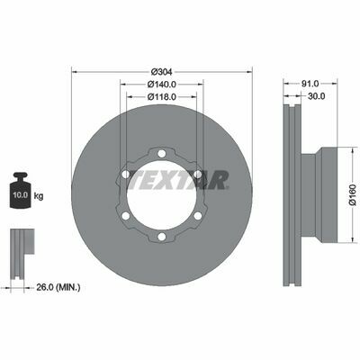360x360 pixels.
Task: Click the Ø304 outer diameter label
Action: click(x=161, y=72)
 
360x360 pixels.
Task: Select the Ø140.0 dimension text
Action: click(x=162, y=85)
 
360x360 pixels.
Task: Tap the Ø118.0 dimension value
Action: click(x=162, y=96)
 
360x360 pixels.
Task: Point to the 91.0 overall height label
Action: click(x=310, y=84)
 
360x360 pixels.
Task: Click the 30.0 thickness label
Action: click(x=317, y=96)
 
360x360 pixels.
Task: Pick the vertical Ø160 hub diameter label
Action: click(x=353, y=195)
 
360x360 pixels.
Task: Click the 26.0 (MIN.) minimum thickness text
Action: click(x=58, y=287)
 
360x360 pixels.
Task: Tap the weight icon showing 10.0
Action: click(x=21, y=191)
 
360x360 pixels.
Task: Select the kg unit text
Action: click(x=39, y=196)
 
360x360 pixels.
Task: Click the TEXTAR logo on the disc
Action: click(x=178, y=180)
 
